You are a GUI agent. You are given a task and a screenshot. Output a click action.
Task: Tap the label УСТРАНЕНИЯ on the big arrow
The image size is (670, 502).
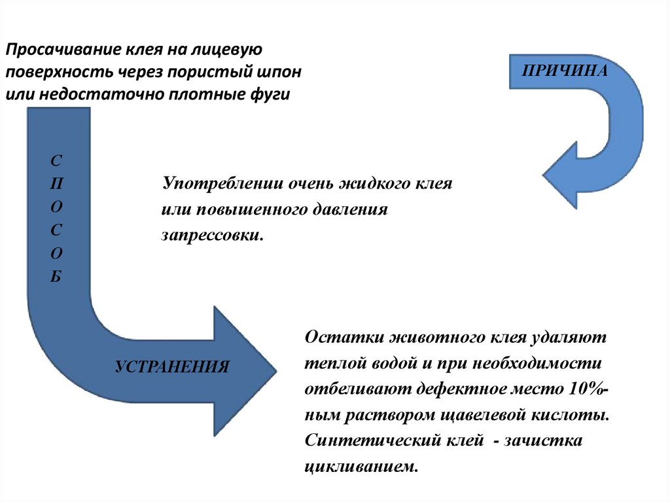click(172, 367)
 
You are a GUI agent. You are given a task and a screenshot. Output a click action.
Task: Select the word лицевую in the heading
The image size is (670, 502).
click(232, 50)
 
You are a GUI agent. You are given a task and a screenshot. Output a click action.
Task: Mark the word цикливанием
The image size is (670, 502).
click(361, 467)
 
